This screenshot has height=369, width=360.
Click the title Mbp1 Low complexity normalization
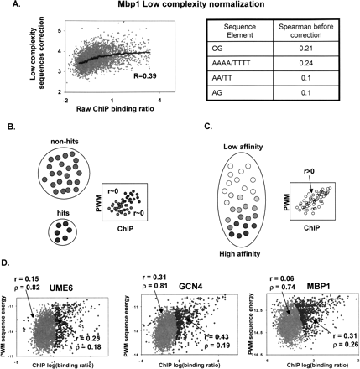[x=184, y=8]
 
